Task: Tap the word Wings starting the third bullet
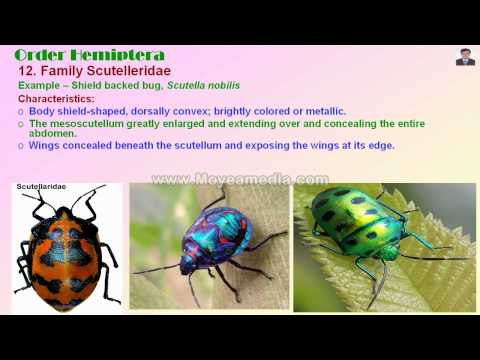[x=45, y=145]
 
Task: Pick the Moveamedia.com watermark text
[x=240, y=179]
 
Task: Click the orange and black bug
[x=65, y=250]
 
